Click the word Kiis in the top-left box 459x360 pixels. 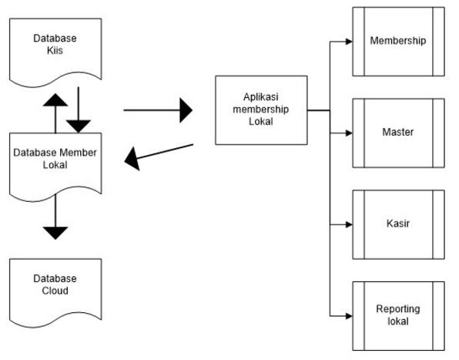[x=55, y=50]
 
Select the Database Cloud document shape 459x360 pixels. [x=55, y=293]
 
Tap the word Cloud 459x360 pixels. [x=55, y=291]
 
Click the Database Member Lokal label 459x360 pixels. [x=55, y=159]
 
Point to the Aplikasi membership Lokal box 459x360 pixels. [x=261, y=110]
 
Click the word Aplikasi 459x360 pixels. [x=261, y=97]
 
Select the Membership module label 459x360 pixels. [x=398, y=40]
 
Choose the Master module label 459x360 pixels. [x=398, y=132]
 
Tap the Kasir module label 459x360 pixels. [x=398, y=224]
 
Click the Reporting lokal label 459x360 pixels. [x=398, y=315]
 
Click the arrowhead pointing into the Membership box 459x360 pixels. [x=349, y=42]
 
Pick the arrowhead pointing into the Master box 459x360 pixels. [x=349, y=133]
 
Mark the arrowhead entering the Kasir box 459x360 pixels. [x=349, y=224]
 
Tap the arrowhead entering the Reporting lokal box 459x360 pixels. [x=349, y=316]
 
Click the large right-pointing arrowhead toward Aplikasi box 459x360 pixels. [x=186, y=110]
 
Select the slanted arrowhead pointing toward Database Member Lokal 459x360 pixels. [x=132, y=159]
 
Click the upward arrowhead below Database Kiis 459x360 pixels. [x=55, y=100]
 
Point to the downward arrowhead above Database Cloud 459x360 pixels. [x=55, y=233]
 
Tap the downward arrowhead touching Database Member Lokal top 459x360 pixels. [x=79, y=126]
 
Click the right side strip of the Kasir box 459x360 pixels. [x=438, y=224]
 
